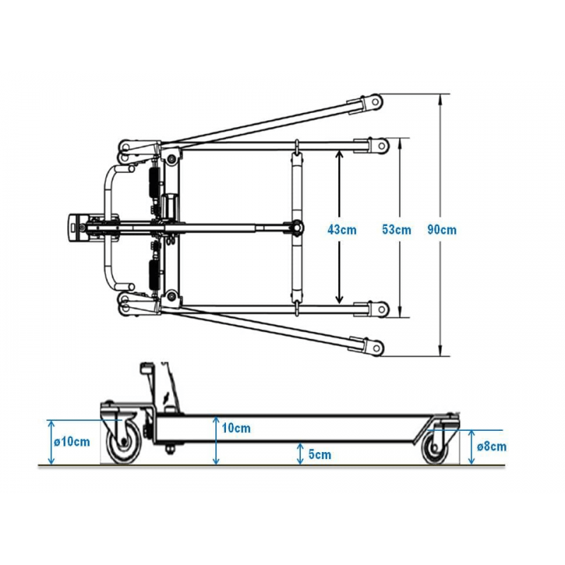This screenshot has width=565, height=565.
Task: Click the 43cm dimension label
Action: [342, 229]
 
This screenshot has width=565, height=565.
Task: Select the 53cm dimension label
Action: [395, 229]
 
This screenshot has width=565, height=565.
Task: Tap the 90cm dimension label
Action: [442, 229]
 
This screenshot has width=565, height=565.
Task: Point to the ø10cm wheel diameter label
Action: [72, 441]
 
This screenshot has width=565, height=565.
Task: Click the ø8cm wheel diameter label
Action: [492, 446]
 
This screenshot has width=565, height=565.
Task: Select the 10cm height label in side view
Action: [236, 428]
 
